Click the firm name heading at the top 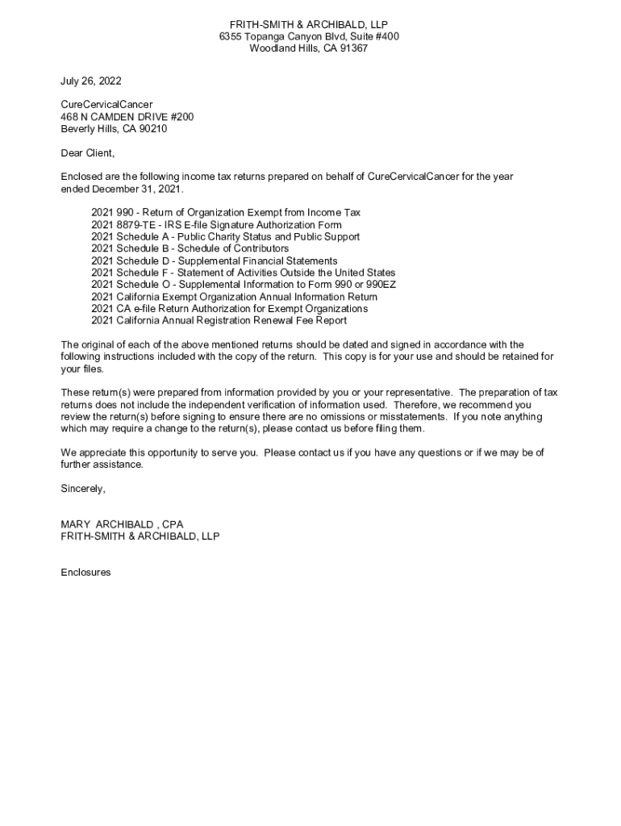point(309,25)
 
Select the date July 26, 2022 point(91,81)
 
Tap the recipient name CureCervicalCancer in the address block point(106,105)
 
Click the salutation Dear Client point(88,153)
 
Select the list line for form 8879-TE point(216,225)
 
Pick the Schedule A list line point(225,237)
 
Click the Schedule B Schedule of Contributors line point(190,249)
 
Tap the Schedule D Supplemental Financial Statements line point(214,261)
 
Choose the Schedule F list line point(243,273)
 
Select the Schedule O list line point(243,285)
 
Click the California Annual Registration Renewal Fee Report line point(219,320)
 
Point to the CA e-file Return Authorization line point(229,309)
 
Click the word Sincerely point(83,489)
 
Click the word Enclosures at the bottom point(85,573)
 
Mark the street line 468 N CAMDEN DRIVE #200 point(127,117)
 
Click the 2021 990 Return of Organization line point(226,213)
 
